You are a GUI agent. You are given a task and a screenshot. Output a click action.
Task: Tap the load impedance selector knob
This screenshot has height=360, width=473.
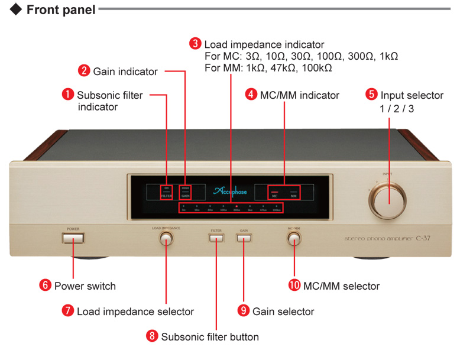166,238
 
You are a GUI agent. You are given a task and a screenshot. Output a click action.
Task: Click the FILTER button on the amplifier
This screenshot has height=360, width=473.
216,238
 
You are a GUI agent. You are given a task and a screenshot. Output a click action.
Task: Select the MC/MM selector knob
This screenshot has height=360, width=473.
294,238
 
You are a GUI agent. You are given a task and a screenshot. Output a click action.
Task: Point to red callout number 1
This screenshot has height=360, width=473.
69,94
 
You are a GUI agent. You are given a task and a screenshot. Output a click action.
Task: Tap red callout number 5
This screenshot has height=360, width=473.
371,94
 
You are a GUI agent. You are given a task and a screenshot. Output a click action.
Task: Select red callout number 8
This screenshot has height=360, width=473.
153,336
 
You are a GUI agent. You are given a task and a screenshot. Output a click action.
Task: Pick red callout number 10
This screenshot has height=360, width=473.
294,285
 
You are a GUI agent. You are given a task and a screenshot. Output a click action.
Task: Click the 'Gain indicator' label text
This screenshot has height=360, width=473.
125,72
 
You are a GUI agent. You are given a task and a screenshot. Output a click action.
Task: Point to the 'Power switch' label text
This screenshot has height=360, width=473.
85,286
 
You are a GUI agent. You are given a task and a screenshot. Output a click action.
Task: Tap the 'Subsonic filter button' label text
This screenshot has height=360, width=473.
210,336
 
